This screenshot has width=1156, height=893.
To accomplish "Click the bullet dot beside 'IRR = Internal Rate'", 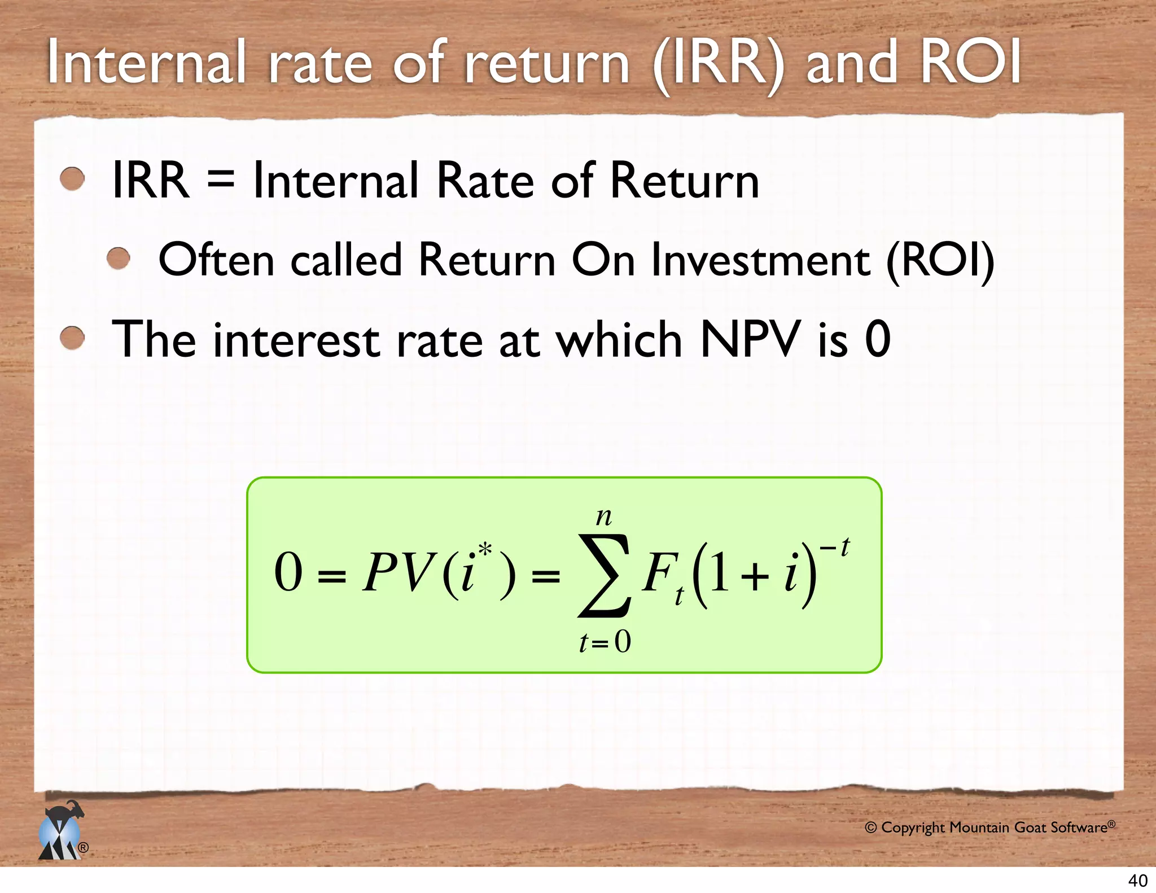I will tap(72, 180).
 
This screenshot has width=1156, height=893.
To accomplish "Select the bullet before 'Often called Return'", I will tap(119, 259).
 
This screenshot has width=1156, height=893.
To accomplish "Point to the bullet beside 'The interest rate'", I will tap(72, 339).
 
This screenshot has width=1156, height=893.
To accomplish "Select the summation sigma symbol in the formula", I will tap(604, 575).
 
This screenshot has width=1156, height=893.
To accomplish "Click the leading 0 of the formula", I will tap(288, 572).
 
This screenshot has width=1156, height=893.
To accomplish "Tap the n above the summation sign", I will tap(604, 516).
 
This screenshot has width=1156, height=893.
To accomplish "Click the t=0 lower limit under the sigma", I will tap(605, 642).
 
